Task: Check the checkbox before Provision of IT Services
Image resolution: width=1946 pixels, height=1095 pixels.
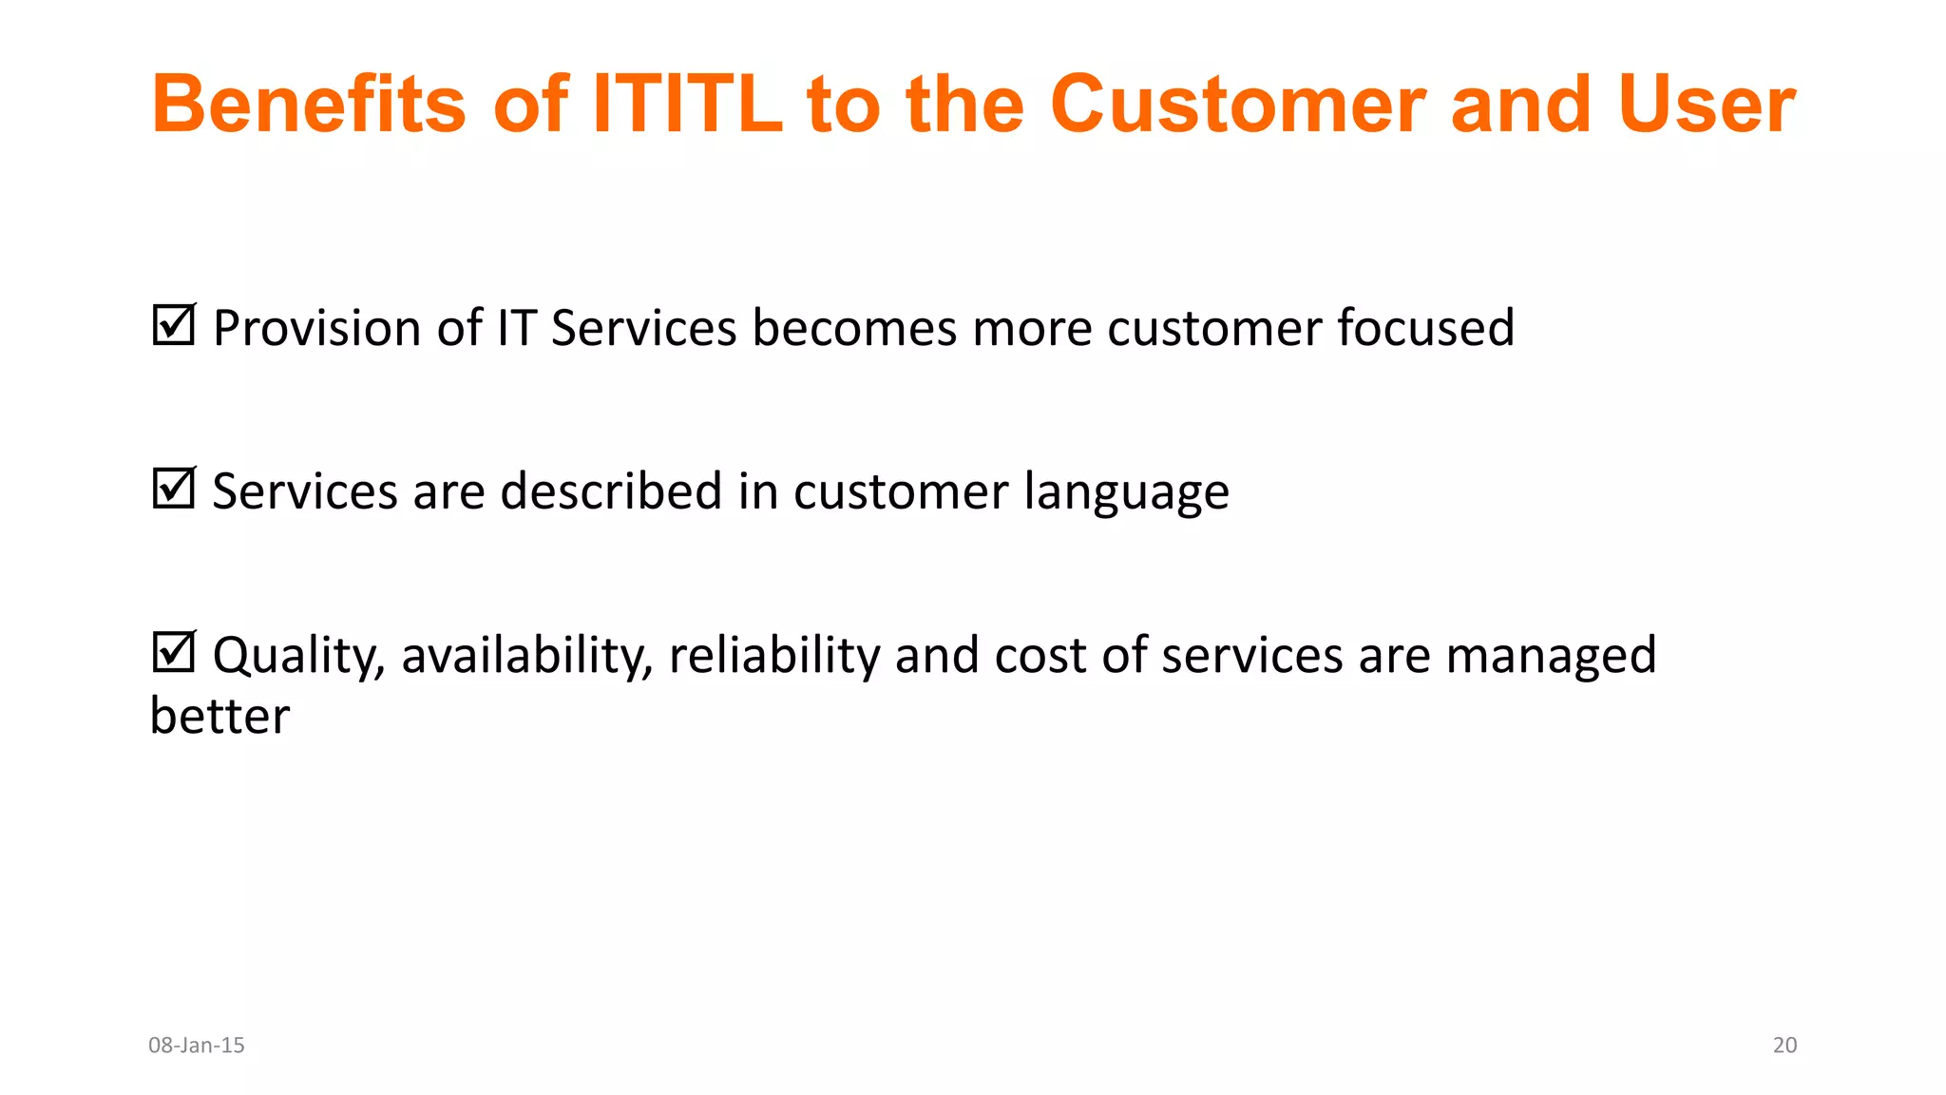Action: pyautogui.click(x=174, y=325)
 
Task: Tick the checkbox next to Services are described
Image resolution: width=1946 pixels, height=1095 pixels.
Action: pyautogui.click(x=174, y=489)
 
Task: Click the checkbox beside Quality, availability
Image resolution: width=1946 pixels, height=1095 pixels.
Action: pyautogui.click(x=174, y=653)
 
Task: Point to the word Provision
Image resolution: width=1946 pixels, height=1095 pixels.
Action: pyautogui.click(x=316, y=329)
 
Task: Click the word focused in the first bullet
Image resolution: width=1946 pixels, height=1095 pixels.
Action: pyautogui.click(x=1425, y=329)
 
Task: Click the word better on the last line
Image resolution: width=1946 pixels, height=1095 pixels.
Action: pyautogui.click(x=219, y=717)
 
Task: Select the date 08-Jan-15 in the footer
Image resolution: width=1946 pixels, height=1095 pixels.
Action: pyautogui.click(x=197, y=1046)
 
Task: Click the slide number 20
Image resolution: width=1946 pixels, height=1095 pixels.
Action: pyautogui.click(x=1784, y=1046)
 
